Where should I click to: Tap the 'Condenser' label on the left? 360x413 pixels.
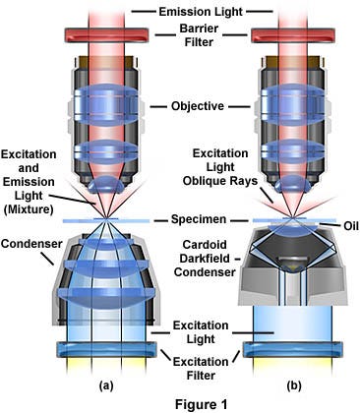tap(27, 241)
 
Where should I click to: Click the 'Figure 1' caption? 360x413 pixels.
tap(181, 401)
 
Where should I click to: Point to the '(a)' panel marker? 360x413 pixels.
tap(109, 376)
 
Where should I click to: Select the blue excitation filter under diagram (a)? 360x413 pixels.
tap(104, 349)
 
